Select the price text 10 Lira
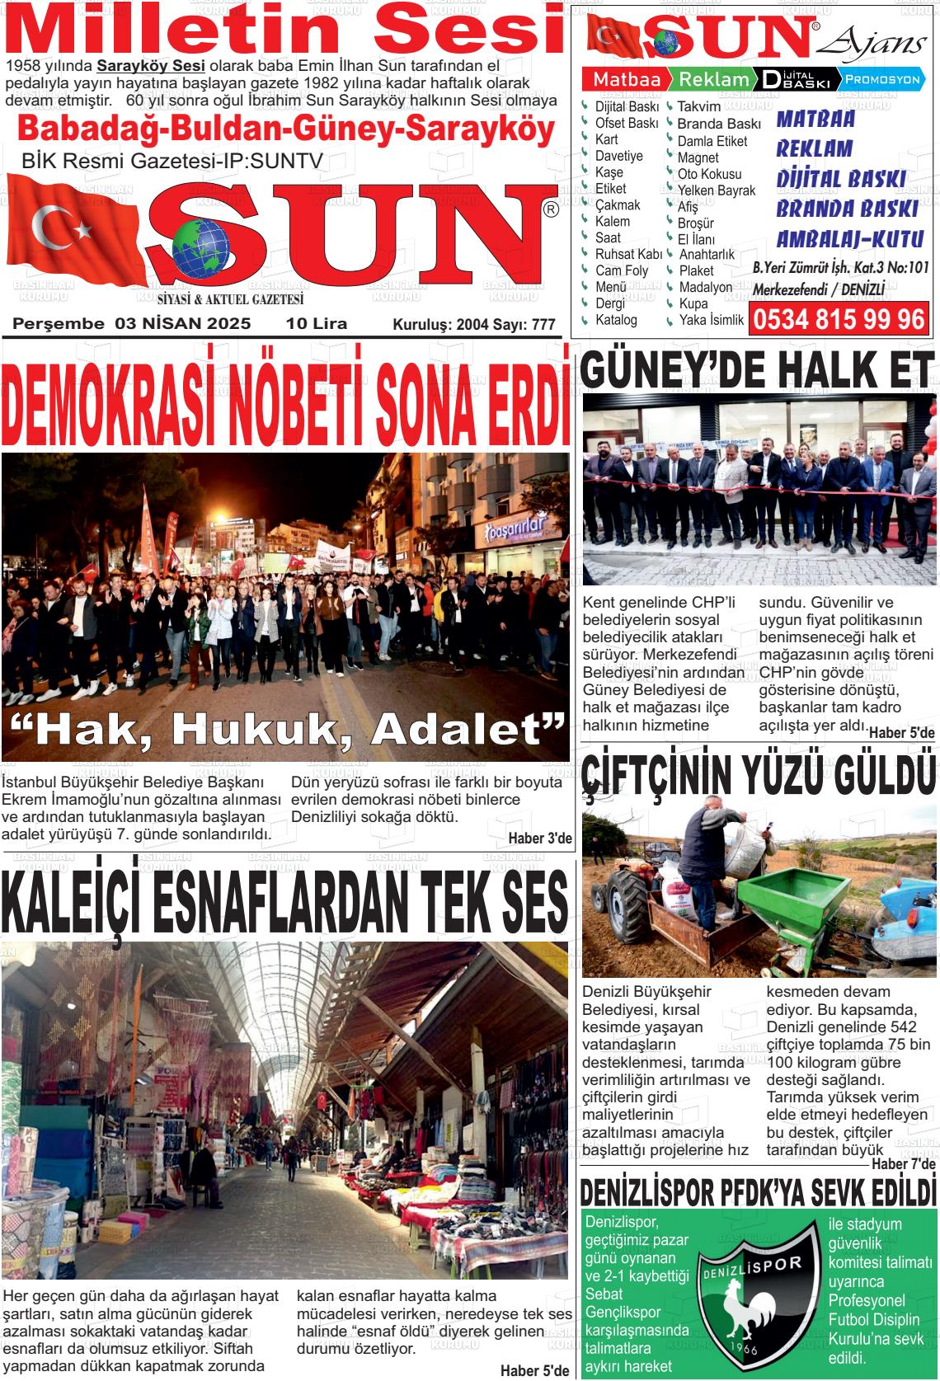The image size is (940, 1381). pos(317,324)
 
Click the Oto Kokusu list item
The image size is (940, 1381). pos(709,174)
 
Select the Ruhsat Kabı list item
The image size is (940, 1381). pos(628,254)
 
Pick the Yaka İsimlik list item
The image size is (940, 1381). pos(711,320)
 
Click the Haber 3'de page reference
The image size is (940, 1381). pos(539,839)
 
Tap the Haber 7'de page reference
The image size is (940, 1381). pos(904,1163)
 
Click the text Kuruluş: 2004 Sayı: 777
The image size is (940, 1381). pos(473,326)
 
